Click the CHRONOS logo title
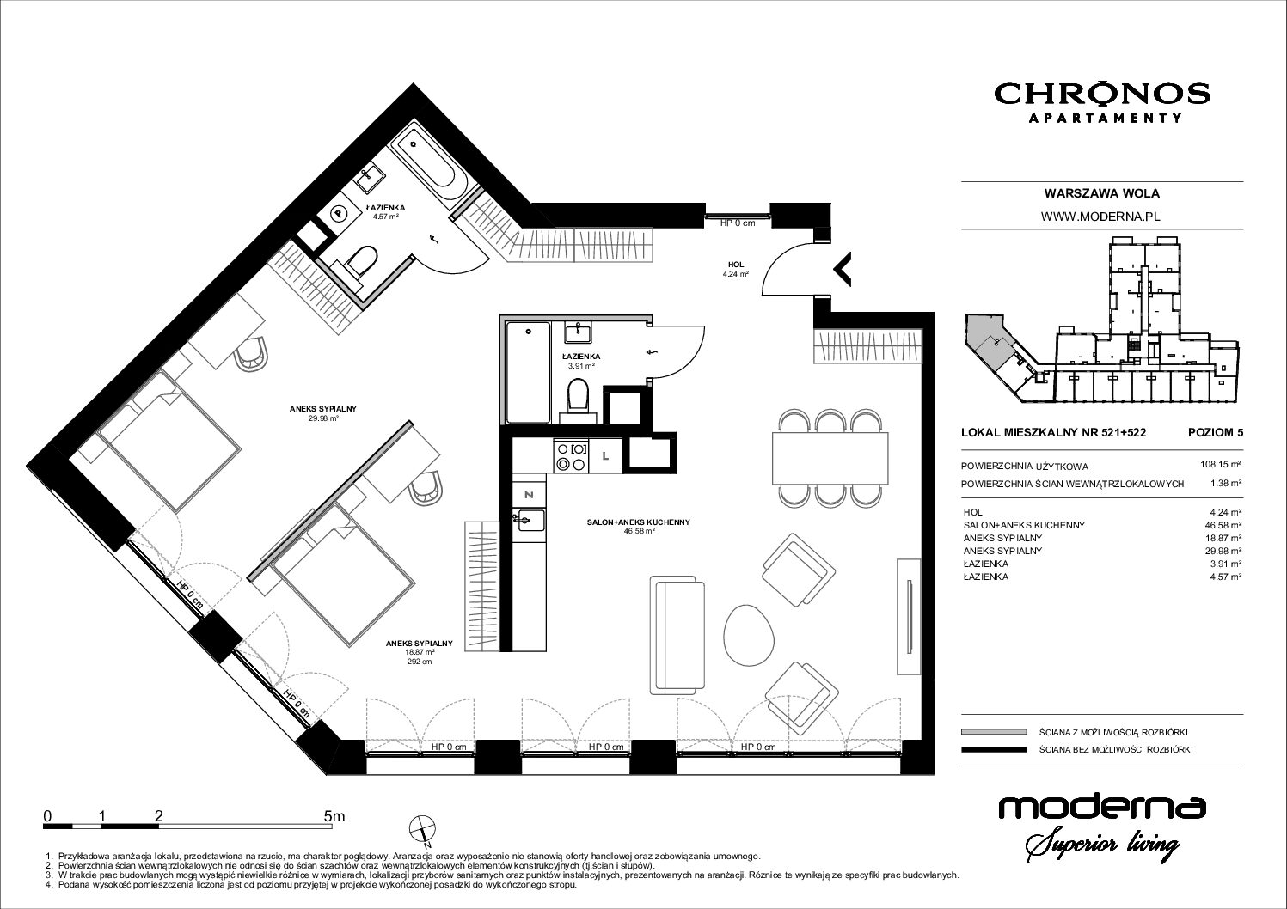(x=1102, y=94)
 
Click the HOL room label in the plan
(x=735, y=265)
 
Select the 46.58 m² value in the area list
(x=1226, y=525)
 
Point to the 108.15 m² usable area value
(x=1223, y=464)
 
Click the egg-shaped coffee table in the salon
(x=750, y=634)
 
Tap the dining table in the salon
(x=830, y=458)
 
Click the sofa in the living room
(x=677, y=635)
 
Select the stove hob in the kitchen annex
(x=571, y=456)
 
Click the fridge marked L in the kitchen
(x=605, y=456)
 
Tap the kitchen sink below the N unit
(x=530, y=520)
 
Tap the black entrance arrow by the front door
(x=843, y=268)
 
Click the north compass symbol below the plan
(x=422, y=831)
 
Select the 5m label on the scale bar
(x=334, y=816)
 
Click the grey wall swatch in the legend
(x=993, y=731)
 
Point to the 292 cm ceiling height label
(x=419, y=662)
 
